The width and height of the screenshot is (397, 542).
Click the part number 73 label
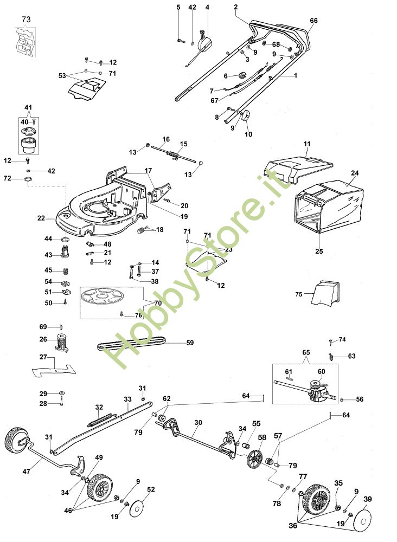(26, 20)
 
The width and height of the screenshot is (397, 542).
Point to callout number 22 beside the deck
(41, 218)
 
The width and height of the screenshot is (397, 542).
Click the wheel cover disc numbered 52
(138, 508)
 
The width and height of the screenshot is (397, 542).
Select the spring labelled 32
(100, 420)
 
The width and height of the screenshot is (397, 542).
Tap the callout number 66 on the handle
(313, 21)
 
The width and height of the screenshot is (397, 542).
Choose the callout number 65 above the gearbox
(306, 353)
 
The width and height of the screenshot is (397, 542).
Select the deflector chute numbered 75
(325, 293)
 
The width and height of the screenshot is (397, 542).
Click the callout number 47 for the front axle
(26, 471)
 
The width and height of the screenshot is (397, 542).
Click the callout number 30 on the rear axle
(198, 422)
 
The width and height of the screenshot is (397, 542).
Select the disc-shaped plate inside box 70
(101, 297)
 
